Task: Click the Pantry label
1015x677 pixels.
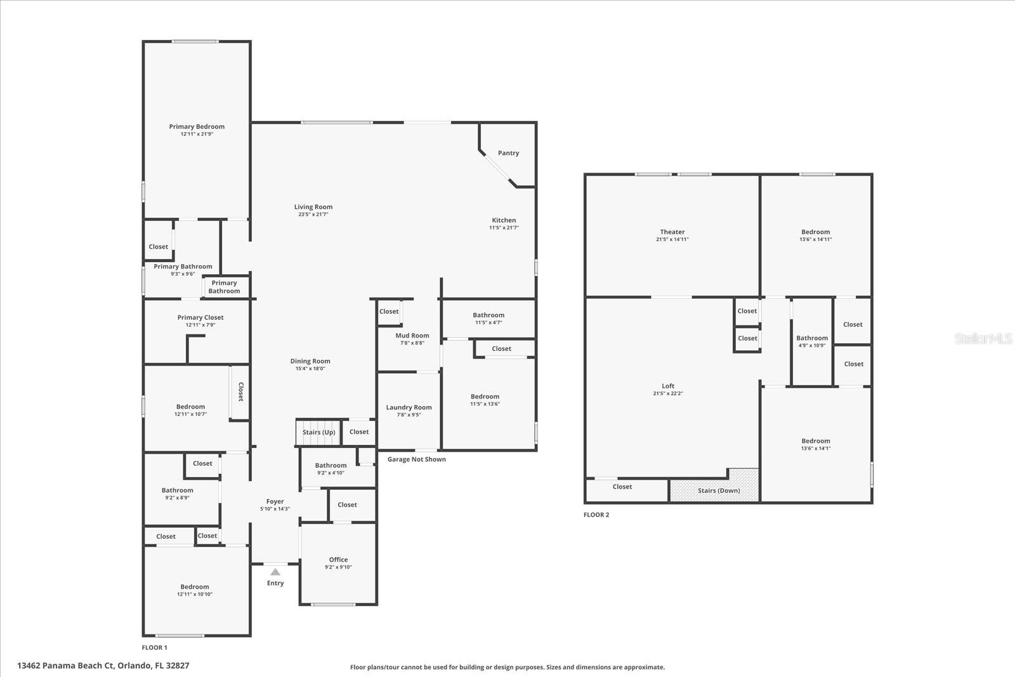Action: tap(508, 153)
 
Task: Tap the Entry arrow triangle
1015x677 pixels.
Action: tap(275, 572)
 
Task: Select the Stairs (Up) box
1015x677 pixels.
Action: tap(318, 432)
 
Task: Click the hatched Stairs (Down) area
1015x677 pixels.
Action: tap(714, 485)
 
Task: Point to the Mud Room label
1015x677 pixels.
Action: tap(412, 336)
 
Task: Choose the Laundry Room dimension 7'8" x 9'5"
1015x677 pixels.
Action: tap(409, 414)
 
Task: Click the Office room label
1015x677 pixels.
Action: tap(339, 560)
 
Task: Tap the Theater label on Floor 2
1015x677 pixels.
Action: tap(672, 232)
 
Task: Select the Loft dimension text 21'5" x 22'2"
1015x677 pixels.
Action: tap(668, 393)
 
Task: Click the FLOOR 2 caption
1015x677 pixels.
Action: tap(596, 515)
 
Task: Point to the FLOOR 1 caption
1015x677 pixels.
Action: tap(155, 648)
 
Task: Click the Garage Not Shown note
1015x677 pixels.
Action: tap(416, 459)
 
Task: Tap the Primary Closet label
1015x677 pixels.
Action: tap(200, 318)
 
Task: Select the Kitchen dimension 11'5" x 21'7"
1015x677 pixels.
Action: tap(504, 228)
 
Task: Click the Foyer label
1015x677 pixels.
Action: tap(275, 502)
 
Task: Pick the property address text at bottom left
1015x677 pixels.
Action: tap(103, 666)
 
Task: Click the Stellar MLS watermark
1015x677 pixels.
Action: tap(983, 339)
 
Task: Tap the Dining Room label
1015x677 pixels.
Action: tap(310, 361)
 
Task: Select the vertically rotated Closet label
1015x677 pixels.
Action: tap(241, 392)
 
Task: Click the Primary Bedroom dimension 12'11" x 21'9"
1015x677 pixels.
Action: tap(197, 134)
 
